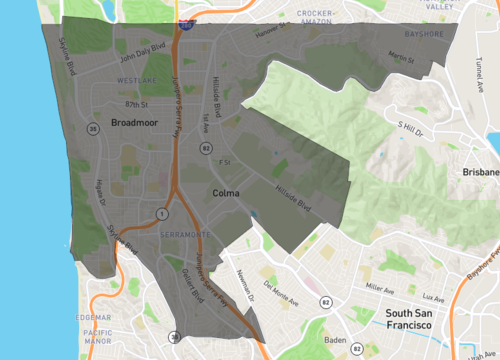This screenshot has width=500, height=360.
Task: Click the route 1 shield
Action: [160, 213]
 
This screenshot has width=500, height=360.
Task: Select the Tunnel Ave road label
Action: [478, 67]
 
